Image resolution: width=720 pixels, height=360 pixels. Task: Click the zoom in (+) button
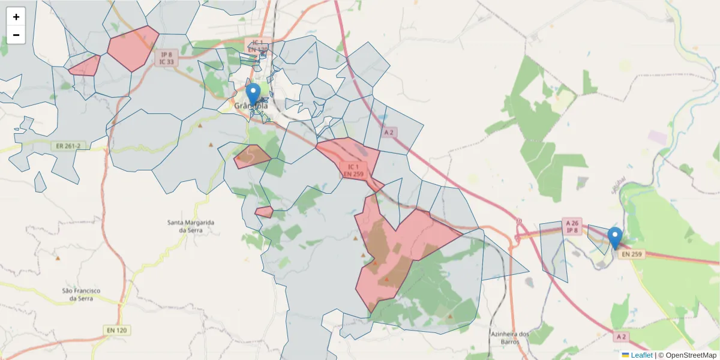(x=16, y=17)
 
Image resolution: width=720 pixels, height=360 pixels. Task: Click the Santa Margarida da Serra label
(x=191, y=226)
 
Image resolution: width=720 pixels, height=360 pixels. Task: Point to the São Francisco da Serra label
(x=82, y=294)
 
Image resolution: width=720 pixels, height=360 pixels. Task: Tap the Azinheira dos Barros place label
(x=509, y=338)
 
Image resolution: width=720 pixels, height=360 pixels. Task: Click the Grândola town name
(x=250, y=106)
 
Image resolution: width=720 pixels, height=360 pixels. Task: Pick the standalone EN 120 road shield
(x=118, y=330)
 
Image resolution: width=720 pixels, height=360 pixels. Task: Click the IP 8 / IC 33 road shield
(x=166, y=58)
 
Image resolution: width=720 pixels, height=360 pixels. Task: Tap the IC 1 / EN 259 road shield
(x=353, y=170)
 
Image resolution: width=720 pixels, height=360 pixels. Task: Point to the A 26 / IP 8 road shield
(x=572, y=226)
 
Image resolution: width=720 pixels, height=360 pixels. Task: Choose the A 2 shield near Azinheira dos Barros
(x=621, y=337)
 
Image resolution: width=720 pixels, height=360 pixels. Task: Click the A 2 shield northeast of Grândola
(x=389, y=132)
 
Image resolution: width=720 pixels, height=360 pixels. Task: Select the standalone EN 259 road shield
(x=632, y=254)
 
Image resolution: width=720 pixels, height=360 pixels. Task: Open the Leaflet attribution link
(x=641, y=355)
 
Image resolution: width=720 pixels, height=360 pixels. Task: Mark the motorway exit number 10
(x=519, y=220)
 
